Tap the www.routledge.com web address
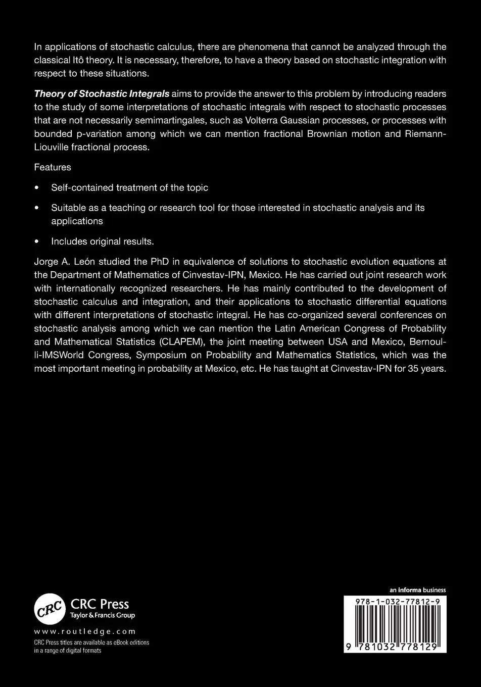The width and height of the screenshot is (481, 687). point(85,631)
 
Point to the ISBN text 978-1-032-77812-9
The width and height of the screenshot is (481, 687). point(395,601)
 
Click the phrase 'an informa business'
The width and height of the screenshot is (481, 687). point(418,590)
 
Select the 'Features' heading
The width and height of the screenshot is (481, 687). point(53,167)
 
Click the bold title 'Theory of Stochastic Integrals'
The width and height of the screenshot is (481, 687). point(102,94)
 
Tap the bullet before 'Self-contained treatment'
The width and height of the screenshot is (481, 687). point(36,188)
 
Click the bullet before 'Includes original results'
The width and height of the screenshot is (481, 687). point(36,242)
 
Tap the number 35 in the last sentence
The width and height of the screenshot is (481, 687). point(415,368)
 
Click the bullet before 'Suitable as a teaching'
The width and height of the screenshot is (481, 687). point(36,208)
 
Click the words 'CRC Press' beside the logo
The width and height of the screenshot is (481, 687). point(100,604)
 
